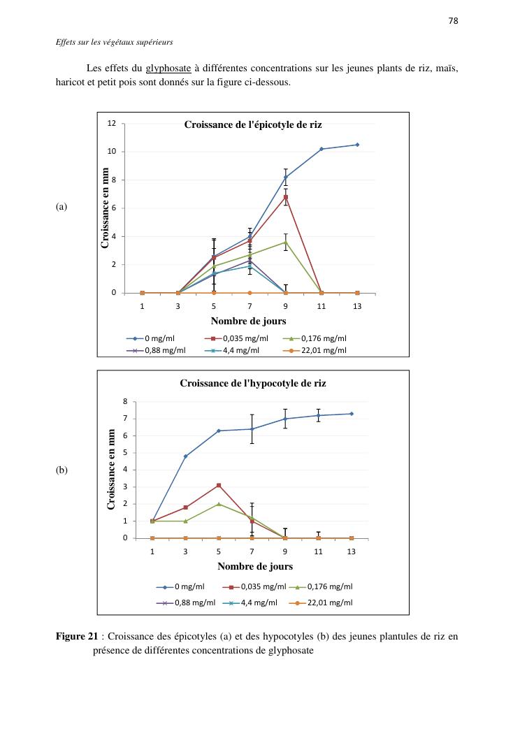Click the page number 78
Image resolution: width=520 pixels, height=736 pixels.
[x=453, y=21]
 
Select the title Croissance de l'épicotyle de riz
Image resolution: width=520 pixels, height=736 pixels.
[x=253, y=124]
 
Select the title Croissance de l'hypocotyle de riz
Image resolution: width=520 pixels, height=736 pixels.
[x=253, y=383]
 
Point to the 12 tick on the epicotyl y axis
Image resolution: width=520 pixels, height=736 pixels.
[x=112, y=123]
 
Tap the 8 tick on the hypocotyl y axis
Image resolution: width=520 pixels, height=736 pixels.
[x=125, y=401]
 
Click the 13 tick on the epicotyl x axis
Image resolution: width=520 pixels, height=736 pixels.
[x=357, y=306]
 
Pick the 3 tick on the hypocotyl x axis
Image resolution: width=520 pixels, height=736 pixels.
[x=185, y=551]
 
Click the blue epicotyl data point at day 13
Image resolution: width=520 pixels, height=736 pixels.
[x=357, y=145]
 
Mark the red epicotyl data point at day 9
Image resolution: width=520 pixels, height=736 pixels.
[x=286, y=197]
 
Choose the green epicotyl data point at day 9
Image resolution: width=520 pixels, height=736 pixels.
[x=286, y=242]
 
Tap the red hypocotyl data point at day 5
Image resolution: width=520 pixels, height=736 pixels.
[x=219, y=485]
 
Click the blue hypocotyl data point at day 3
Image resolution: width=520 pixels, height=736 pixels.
[x=185, y=456]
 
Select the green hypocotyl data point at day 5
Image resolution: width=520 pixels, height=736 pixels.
[x=219, y=504]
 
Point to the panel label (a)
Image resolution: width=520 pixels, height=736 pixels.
[x=62, y=207]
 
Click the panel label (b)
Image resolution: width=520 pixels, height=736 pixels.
[x=62, y=470]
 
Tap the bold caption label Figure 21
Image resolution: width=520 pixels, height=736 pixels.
[x=77, y=637]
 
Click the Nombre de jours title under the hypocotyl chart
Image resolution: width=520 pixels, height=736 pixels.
[x=255, y=566]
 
